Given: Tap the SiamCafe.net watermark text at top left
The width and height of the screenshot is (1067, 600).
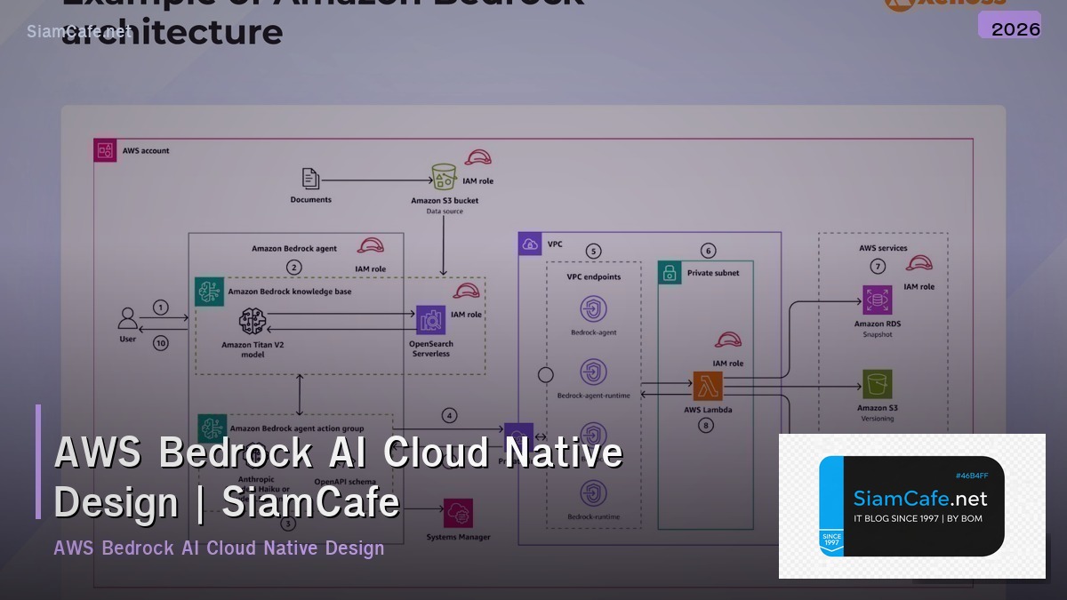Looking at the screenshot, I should (x=79, y=32).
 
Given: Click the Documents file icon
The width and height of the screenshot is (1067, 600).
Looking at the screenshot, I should (x=310, y=179).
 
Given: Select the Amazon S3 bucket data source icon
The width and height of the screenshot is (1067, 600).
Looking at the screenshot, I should (x=444, y=177).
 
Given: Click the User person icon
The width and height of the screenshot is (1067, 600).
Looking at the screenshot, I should (x=128, y=318).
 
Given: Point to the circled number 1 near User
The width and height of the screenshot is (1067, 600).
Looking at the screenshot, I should (x=160, y=308).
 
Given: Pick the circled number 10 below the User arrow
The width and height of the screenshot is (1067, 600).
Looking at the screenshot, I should (x=160, y=342).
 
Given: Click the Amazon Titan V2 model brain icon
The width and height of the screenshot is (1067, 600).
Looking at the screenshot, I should (x=253, y=322).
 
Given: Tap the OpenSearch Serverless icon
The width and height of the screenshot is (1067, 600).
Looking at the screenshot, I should (x=430, y=320).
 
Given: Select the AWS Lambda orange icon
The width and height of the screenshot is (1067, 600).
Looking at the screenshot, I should (x=707, y=387).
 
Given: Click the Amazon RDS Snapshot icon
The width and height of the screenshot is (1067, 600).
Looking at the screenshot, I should (x=876, y=300).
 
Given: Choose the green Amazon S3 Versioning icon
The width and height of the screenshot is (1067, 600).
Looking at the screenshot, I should (x=877, y=385).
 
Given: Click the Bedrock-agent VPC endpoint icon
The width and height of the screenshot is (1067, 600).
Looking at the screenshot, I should (x=593, y=309).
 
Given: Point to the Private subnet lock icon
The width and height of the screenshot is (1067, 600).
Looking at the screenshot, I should (x=670, y=273).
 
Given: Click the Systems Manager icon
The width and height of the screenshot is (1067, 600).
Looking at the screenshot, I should (x=459, y=513).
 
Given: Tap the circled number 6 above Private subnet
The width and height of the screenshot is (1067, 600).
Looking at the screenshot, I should (x=708, y=251).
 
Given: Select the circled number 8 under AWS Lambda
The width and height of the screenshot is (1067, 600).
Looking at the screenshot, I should (x=706, y=425).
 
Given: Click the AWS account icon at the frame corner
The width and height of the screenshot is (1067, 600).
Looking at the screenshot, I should (x=105, y=150).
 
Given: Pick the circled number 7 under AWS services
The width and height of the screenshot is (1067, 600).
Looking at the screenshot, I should (x=878, y=266).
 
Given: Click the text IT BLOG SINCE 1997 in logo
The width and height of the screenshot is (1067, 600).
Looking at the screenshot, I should (x=918, y=518).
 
